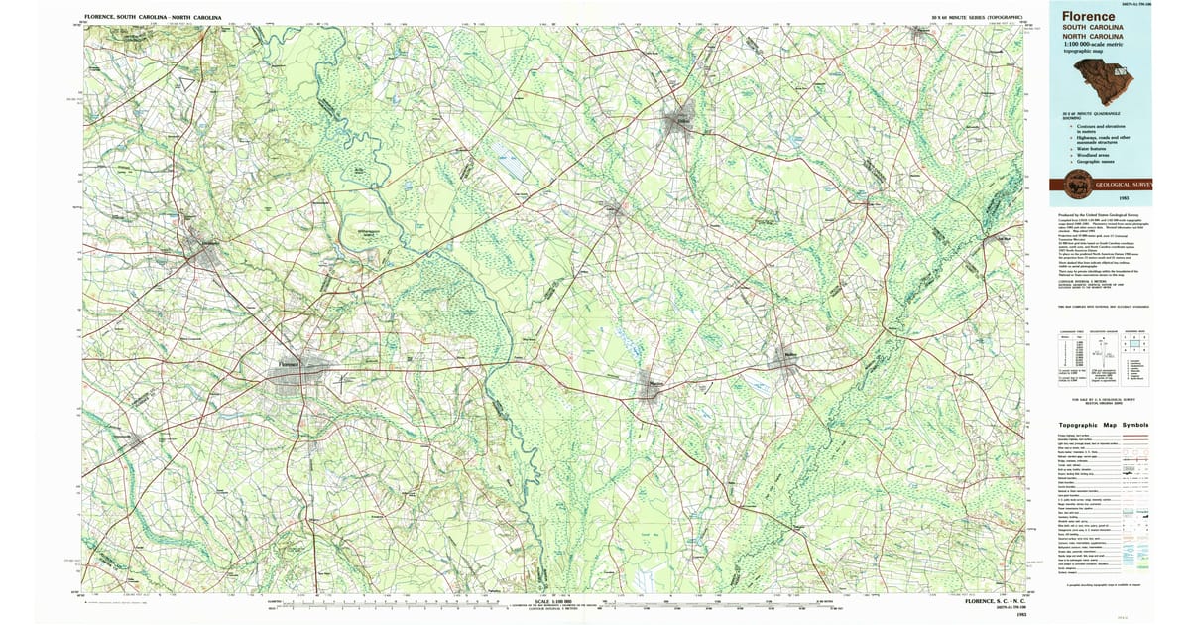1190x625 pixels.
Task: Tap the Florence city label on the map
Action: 289,364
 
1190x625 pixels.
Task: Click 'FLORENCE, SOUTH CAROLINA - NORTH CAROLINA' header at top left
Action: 154,18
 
